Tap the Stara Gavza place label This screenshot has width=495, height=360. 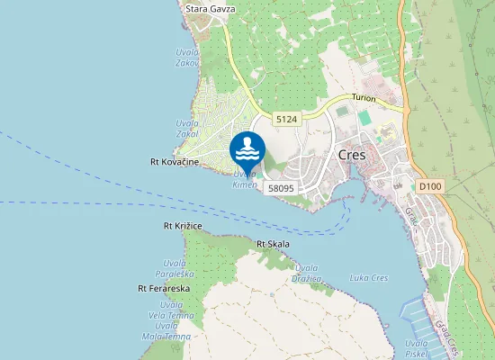(210, 9)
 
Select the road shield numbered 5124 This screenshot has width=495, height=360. (287, 119)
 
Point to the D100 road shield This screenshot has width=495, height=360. (430, 186)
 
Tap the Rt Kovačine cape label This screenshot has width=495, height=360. (173, 162)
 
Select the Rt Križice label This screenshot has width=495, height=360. (182, 225)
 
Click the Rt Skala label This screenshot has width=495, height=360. (273, 244)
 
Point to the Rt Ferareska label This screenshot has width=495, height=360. (163, 289)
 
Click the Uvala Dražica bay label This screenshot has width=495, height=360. (308, 273)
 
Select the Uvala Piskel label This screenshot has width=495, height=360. (416, 348)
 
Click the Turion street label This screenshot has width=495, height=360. (364, 96)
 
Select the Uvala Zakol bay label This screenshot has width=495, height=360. (187, 128)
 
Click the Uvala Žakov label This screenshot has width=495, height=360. (187, 58)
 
